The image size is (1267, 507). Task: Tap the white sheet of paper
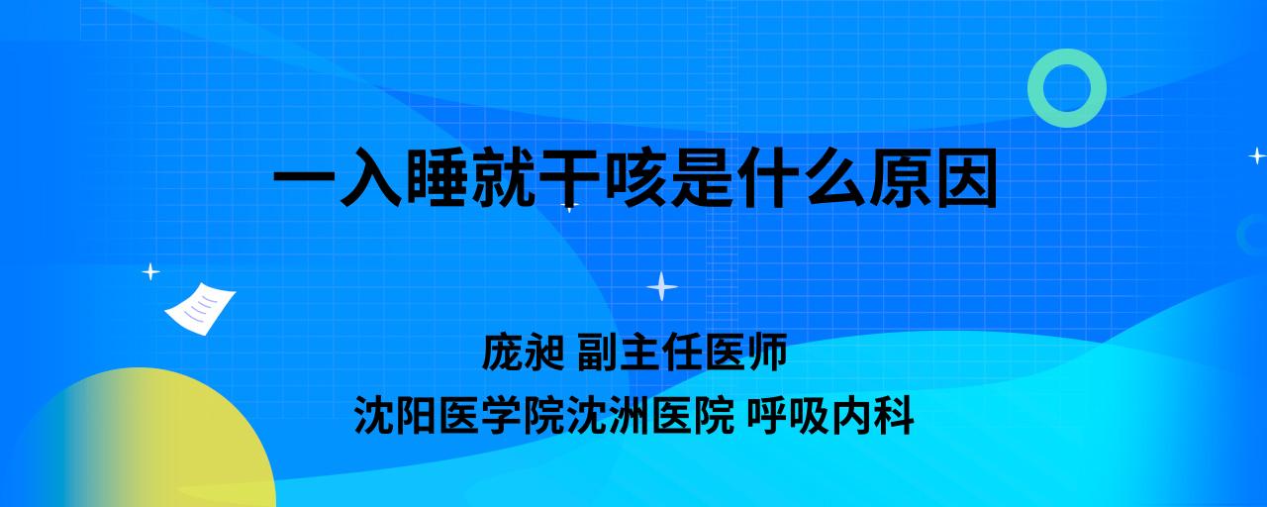(x=200, y=309)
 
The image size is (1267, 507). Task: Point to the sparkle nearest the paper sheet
(x=150, y=272)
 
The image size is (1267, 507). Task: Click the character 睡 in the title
(x=438, y=177)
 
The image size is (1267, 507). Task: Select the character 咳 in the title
(x=636, y=177)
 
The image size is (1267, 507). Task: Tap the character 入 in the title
(x=371, y=177)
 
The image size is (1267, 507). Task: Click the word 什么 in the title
(x=801, y=177)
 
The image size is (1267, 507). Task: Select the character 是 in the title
(x=703, y=177)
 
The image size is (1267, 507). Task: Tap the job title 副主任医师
(x=682, y=352)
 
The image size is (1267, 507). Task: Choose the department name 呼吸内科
(x=830, y=416)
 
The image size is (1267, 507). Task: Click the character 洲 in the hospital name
(x=630, y=416)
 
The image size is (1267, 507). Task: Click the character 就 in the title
(x=504, y=177)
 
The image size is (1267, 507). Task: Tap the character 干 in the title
(x=570, y=177)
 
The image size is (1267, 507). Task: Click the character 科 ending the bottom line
(x=894, y=416)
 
